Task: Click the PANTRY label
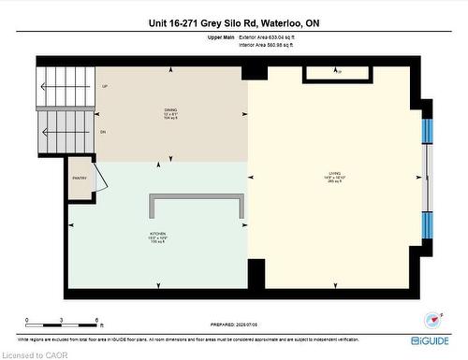79,178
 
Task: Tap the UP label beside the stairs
103,87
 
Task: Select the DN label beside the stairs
102,133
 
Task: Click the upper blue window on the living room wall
428,130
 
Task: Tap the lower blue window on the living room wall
428,225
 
